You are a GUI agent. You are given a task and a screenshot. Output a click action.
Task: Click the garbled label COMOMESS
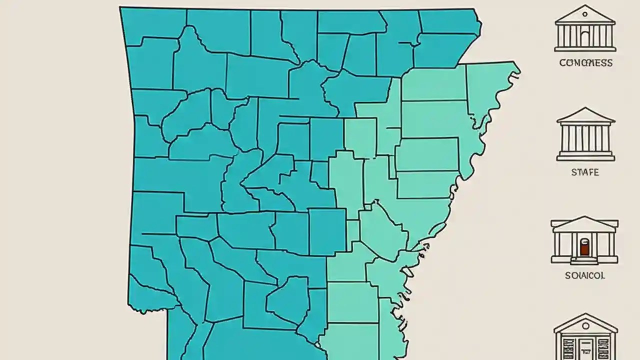pos(585,63)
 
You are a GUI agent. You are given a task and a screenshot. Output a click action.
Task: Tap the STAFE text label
pos(585,172)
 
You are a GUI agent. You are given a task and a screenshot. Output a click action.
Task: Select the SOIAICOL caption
pos(585,275)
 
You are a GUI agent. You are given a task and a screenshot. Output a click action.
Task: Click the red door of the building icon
pos(584,247)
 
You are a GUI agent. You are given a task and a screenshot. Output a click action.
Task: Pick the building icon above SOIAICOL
pos(584,240)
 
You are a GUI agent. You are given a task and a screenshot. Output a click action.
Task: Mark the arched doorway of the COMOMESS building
pos(585,37)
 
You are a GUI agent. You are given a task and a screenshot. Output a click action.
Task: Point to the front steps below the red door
pos(584,260)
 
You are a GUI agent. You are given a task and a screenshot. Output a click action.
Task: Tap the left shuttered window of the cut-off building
pos(567,347)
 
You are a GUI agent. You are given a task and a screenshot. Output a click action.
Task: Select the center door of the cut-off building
pos(585,349)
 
